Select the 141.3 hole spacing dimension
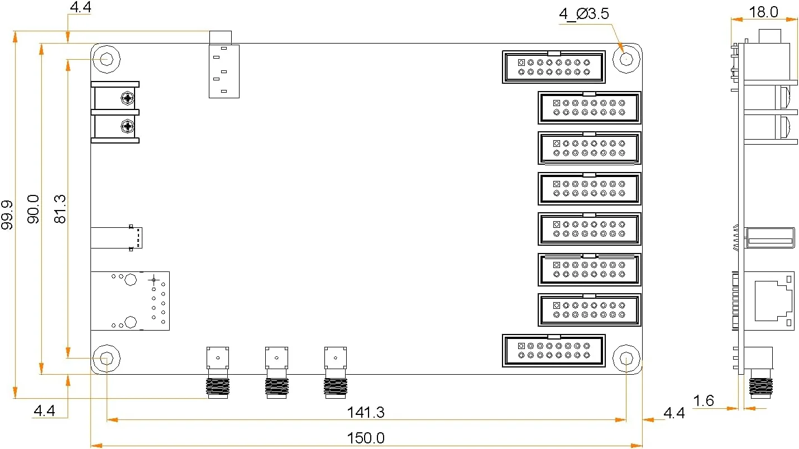366,413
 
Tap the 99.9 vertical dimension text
7,215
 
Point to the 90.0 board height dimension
33,209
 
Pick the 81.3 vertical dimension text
59,209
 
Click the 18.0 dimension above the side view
763,12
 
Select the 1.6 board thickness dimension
703,400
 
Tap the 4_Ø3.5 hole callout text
583,14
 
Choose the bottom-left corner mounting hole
106,358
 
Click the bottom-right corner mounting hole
626,359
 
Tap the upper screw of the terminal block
128,99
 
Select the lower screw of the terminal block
128,127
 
